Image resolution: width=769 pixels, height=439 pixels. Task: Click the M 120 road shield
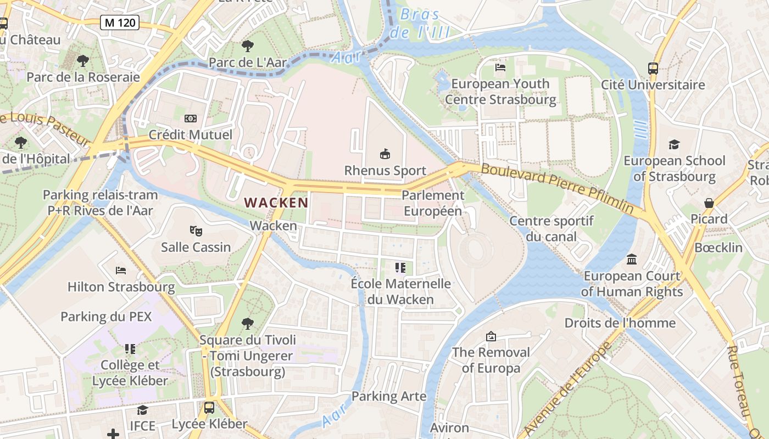119,22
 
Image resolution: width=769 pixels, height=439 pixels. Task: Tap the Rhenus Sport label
385,171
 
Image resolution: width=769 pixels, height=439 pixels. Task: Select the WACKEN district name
276,202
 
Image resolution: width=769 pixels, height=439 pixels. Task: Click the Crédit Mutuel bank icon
191,119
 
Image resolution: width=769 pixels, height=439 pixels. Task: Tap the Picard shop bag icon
709,203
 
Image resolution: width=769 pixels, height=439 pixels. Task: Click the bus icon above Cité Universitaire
653,69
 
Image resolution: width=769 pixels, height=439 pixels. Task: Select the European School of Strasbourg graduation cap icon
674,144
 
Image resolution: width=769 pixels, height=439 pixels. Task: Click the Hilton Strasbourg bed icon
121,271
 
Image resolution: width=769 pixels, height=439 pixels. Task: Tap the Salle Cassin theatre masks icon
196,230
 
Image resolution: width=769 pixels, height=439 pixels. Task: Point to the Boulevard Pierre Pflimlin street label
558,188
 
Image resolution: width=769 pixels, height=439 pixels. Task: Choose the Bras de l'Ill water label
420,23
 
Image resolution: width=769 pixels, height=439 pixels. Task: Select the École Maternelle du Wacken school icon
400,268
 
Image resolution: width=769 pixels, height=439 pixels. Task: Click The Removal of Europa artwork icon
491,336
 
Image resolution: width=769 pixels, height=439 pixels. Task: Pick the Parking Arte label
389,396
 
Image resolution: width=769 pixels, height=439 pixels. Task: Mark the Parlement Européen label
433,203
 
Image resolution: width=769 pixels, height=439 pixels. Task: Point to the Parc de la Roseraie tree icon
83,60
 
